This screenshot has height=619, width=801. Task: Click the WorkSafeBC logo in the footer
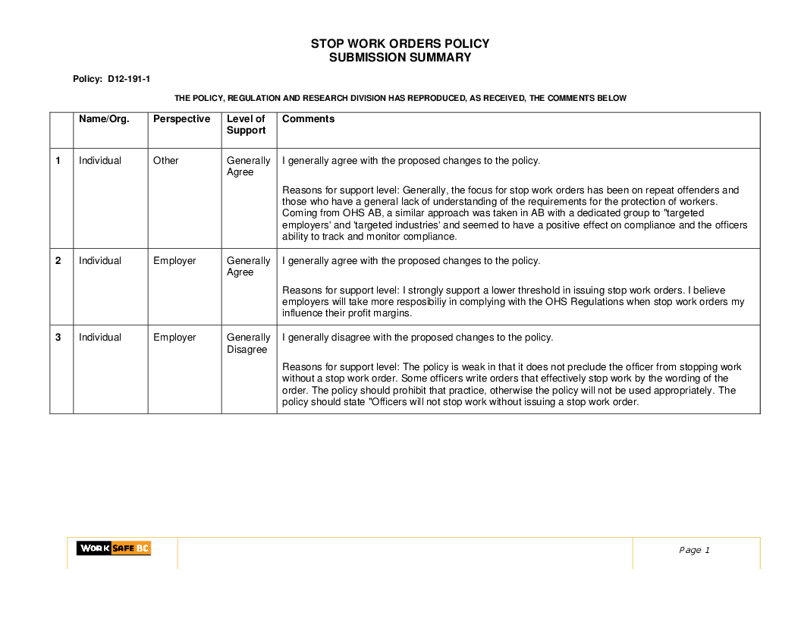[x=113, y=548]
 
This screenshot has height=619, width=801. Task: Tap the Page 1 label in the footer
[x=694, y=550]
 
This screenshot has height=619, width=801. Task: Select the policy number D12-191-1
[x=129, y=79]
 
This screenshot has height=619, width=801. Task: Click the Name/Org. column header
[x=104, y=119]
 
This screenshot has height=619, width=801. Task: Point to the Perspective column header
[x=181, y=119]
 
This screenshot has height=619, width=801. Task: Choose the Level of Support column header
[x=247, y=124]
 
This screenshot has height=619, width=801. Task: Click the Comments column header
[x=308, y=119]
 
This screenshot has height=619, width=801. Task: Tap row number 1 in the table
[x=58, y=161]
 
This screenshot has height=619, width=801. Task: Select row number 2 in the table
[x=58, y=261]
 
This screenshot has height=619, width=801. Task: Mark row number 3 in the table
[x=58, y=338]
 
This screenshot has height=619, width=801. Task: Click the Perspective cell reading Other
[x=165, y=161]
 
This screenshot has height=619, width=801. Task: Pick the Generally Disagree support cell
[x=248, y=344]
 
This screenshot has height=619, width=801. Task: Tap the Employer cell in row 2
[x=174, y=261]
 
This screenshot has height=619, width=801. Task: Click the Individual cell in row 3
[x=100, y=338]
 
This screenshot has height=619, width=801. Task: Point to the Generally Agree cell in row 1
[x=248, y=166]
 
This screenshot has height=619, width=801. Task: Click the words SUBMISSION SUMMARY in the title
[x=400, y=58]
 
